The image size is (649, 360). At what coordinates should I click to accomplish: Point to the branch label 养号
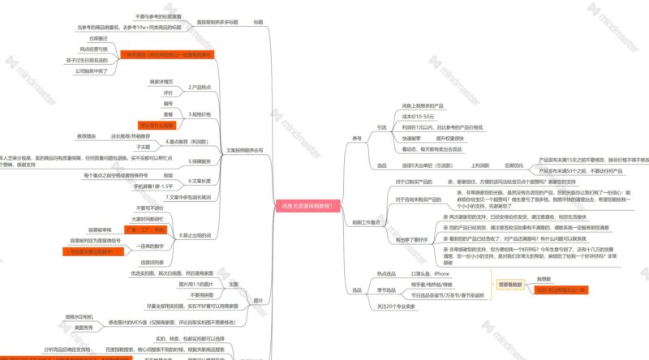(x=357, y=139)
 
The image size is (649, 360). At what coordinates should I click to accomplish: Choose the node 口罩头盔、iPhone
(x=430, y=274)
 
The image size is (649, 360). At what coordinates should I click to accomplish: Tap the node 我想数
(x=544, y=279)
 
